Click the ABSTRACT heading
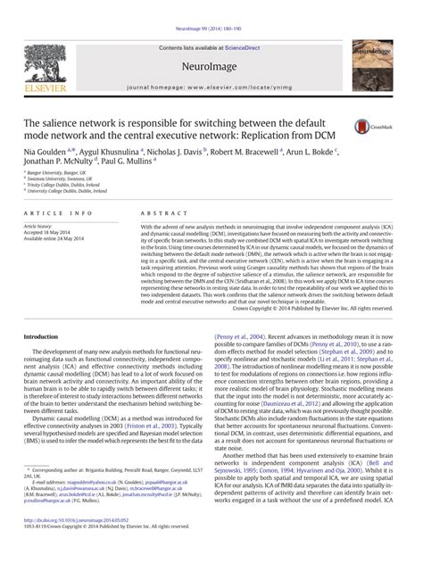(162, 214)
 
